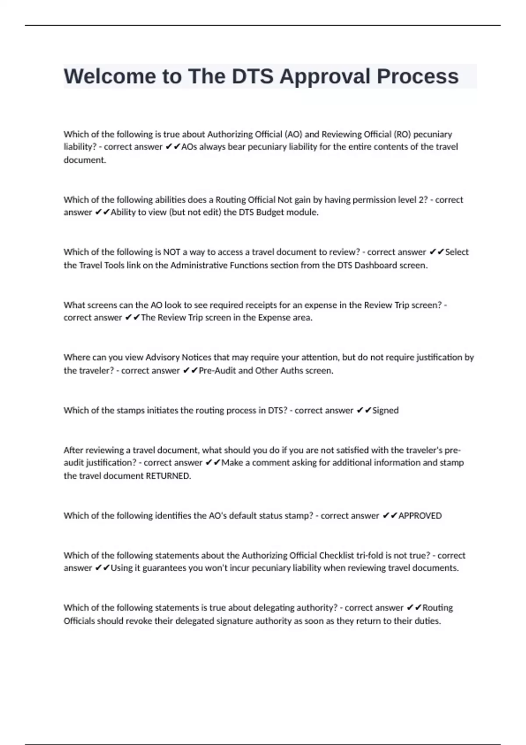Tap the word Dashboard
(x=376, y=265)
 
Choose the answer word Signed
(x=385, y=411)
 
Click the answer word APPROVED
(x=420, y=516)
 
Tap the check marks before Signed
(x=364, y=411)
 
